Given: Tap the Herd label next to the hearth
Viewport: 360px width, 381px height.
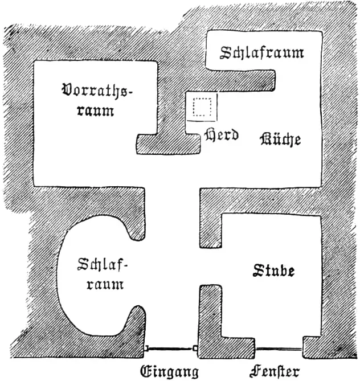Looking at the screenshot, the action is [222, 134].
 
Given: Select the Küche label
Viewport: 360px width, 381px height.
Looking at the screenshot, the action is [280, 139].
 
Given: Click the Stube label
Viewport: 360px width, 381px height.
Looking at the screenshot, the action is [274, 271].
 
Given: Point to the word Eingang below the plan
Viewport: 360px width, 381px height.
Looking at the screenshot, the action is [169, 371].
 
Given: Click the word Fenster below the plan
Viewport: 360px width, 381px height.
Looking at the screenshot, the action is [275, 371].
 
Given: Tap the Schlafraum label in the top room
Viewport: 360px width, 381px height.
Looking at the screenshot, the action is [262, 52].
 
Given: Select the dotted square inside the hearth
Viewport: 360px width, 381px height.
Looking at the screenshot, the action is [202, 107].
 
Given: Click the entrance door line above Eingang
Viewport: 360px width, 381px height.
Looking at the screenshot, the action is [170, 349].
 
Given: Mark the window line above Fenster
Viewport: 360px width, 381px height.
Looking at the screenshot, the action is [279, 349].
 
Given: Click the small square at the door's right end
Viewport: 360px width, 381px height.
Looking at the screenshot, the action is [195, 349].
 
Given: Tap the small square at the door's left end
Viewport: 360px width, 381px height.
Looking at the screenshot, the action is [146, 349].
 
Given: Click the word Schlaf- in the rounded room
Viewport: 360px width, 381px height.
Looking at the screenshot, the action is [103, 264].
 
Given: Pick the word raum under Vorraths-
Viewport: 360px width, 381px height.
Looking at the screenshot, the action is [96, 111].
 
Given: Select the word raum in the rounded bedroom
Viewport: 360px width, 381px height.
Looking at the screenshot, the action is [105, 284].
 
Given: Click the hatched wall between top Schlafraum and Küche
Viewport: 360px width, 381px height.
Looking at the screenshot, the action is [240, 80].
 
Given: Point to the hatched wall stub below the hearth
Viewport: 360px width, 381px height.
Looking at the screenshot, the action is [169, 144].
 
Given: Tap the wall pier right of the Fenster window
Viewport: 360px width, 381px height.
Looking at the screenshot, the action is [312, 347].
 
